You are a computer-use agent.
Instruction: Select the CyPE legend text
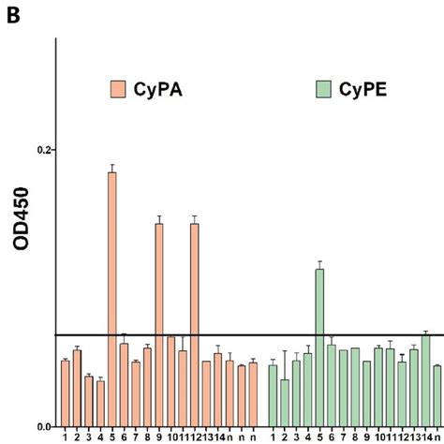361,91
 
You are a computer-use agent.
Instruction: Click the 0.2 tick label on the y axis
43,150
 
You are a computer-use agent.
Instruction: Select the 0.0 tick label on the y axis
43,425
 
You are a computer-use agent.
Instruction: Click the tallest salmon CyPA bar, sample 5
112,300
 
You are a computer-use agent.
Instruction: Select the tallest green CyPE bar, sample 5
319,348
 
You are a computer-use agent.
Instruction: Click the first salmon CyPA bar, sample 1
66,393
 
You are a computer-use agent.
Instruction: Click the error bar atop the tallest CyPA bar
112,169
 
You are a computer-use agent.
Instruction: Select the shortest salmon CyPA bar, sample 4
100,403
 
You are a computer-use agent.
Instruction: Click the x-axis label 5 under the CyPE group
319,435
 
